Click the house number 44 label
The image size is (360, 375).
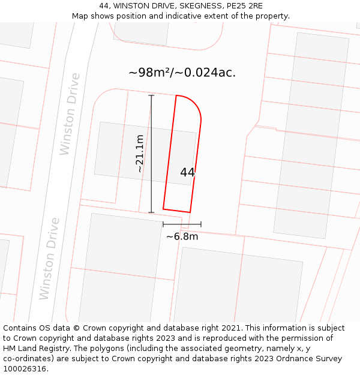point(187,173)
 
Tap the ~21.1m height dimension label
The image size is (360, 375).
point(140,154)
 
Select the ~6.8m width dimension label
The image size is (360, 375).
point(182,236)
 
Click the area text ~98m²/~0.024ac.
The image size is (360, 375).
point(182,73)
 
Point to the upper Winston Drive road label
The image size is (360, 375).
point(70,114)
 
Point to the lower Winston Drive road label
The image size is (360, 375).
point(49,259)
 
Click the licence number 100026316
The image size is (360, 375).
point(25,368)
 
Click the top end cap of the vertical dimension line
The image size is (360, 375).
point(151,95)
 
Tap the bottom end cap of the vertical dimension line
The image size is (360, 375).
point(151,212)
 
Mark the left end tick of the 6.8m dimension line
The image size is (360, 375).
point(163,224)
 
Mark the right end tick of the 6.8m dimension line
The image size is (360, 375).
point(201,224)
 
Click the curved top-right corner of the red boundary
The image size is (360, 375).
point(195,105)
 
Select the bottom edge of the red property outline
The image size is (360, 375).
point(176,211)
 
